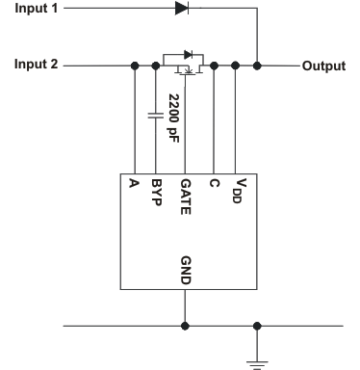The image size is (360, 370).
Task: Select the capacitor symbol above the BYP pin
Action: click(x=155, y=116)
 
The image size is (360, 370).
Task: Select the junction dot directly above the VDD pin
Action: click(x=236, y=66)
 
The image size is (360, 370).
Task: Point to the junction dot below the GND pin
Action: click(x=184, y=326)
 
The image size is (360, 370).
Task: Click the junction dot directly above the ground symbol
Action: click(x=256, y=326)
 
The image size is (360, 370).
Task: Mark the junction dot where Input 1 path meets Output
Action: click(x=257, y=66)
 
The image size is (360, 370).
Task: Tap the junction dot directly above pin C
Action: click(x=213, y=66)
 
